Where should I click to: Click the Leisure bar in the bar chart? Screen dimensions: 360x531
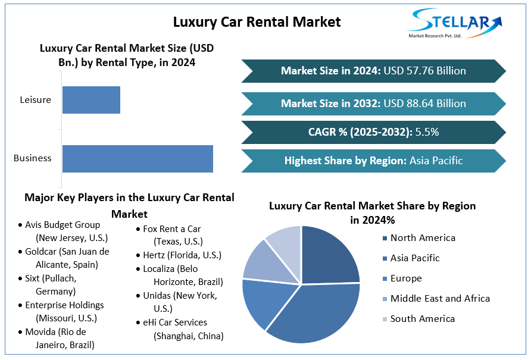point(91,100)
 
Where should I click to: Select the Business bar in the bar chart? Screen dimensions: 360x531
point(138,159)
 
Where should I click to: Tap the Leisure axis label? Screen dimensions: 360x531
point(36,100)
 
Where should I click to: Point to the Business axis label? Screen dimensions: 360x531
point(33,158)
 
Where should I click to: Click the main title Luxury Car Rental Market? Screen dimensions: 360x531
point(257,22)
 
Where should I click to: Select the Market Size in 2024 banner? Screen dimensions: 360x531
point(373,71)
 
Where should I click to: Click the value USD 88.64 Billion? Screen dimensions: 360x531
point(424,104)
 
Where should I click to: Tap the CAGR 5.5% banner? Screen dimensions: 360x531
point(373,132)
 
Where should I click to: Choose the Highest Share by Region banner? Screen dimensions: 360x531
point(373,161)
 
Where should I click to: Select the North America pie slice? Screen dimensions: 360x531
point(330,256)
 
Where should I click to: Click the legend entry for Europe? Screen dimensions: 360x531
point(405,278)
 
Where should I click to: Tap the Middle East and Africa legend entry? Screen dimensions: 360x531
point(439,299)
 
